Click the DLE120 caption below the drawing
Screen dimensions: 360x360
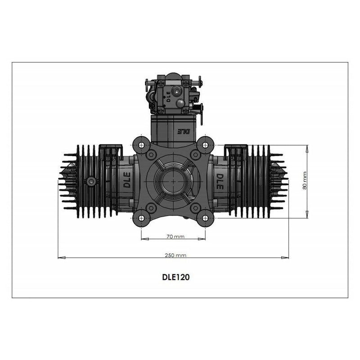(175, 277)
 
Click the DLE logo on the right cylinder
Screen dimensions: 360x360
(220, 180)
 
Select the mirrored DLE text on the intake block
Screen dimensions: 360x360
(184, 131)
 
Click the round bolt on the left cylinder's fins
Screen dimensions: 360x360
(91, 181)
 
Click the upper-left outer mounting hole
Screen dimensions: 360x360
(141, 145)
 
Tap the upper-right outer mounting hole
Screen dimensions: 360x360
(206, 145)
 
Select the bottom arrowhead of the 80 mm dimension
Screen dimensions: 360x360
(307, 216)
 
